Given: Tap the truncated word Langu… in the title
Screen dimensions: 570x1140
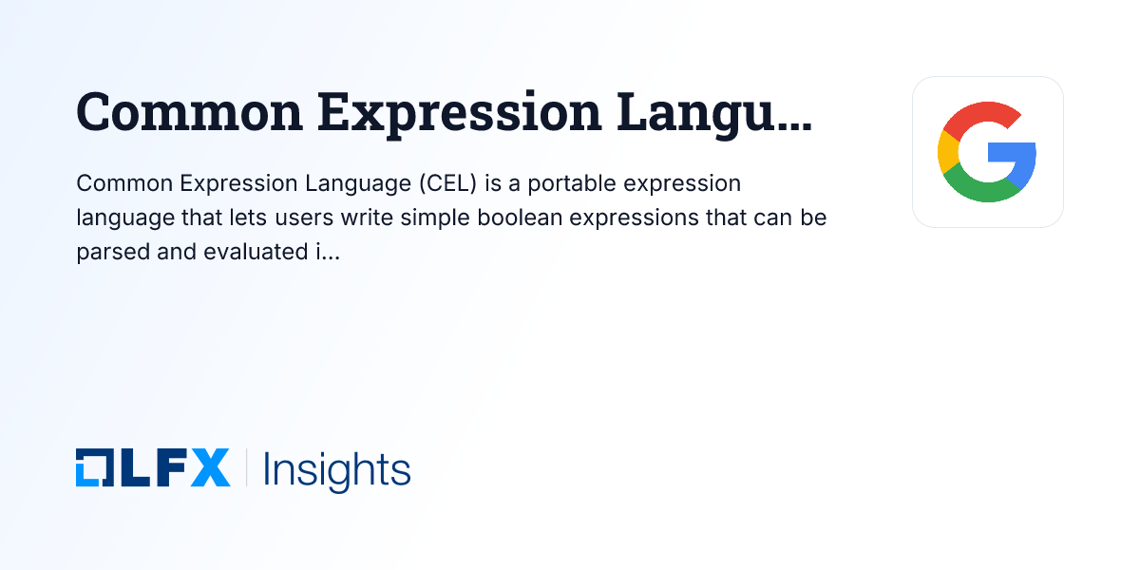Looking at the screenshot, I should coord(714,112).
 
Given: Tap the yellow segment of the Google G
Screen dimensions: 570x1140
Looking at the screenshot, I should coord(947,152).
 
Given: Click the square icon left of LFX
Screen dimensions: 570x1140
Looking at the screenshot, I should coord(93,468).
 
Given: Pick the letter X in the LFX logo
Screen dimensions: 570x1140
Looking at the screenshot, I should coord(210,468).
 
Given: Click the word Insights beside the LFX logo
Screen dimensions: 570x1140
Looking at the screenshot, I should coord(336,470).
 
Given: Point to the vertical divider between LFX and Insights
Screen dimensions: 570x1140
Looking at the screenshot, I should coord(247,468).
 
